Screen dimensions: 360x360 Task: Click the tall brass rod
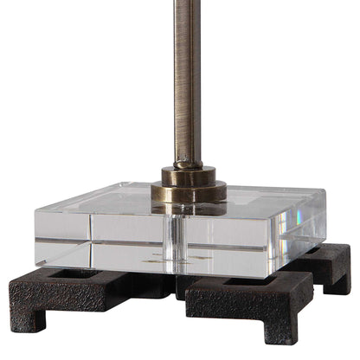tap(188, 78)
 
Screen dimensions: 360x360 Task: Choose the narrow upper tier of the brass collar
tap(188, 174)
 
